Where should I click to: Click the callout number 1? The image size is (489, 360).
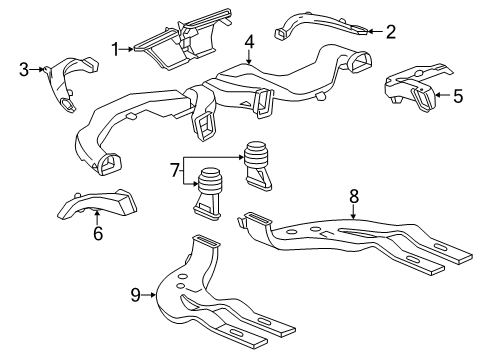tap(116, 47)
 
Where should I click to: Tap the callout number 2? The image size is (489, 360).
tap(391, 31)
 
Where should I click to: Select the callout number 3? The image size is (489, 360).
tap(23, 69)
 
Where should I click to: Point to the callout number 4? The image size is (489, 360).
tap(249, 41)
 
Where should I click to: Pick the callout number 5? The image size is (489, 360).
tap(458, 97)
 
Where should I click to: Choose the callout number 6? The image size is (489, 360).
tap(97, 234)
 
